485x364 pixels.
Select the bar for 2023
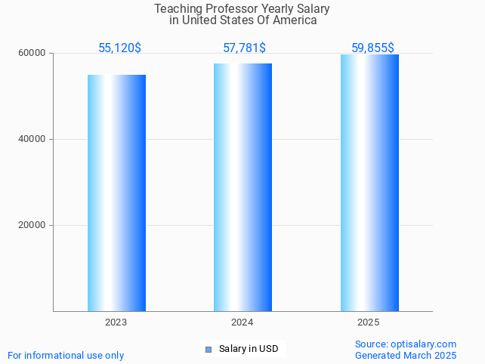point(116,193)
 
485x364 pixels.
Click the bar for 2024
point(242,187)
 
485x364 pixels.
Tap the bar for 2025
point(369,183)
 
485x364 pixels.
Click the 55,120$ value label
point(119,48)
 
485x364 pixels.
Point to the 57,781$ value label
point(244,48)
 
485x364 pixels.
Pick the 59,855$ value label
point(373,48)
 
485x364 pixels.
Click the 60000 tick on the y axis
point(32,54)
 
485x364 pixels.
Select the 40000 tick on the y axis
point(32,140)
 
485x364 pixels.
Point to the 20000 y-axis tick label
point(32,226)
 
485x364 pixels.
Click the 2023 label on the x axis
point(116,322)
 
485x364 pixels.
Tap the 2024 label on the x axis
point(242,322)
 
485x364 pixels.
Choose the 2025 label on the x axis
point(369,322)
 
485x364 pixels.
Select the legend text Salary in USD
point(249,349)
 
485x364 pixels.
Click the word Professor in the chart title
point(226,9)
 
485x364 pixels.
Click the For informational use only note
point(66,355)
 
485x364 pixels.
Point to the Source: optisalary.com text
point(406,344)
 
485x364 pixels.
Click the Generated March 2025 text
point(406,355)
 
